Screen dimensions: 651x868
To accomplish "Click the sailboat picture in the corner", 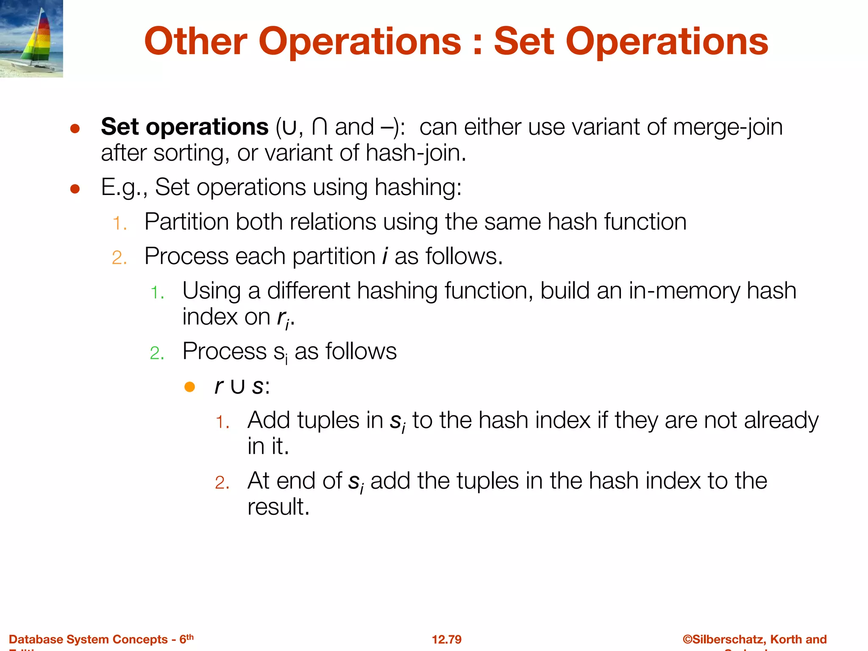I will [31, 39].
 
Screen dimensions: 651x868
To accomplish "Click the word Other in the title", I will [195, 42].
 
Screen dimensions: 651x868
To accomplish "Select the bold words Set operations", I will [184, 127].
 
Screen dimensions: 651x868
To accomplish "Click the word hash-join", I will [416, 153].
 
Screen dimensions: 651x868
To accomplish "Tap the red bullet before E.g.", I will [75, 189].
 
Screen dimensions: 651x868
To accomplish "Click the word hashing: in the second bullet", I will [418, 187].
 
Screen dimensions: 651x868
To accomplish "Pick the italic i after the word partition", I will [385, 256].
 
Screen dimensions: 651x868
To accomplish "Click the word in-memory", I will [684, 291].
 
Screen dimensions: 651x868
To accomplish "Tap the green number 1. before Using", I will [158, 293].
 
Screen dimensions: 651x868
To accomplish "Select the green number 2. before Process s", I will [157, 353].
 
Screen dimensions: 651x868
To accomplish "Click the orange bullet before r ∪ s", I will [189, 387].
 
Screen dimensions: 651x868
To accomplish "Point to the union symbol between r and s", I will [237, 387].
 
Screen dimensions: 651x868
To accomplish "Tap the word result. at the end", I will [278, 507].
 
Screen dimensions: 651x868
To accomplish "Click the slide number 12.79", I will [446, 639].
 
